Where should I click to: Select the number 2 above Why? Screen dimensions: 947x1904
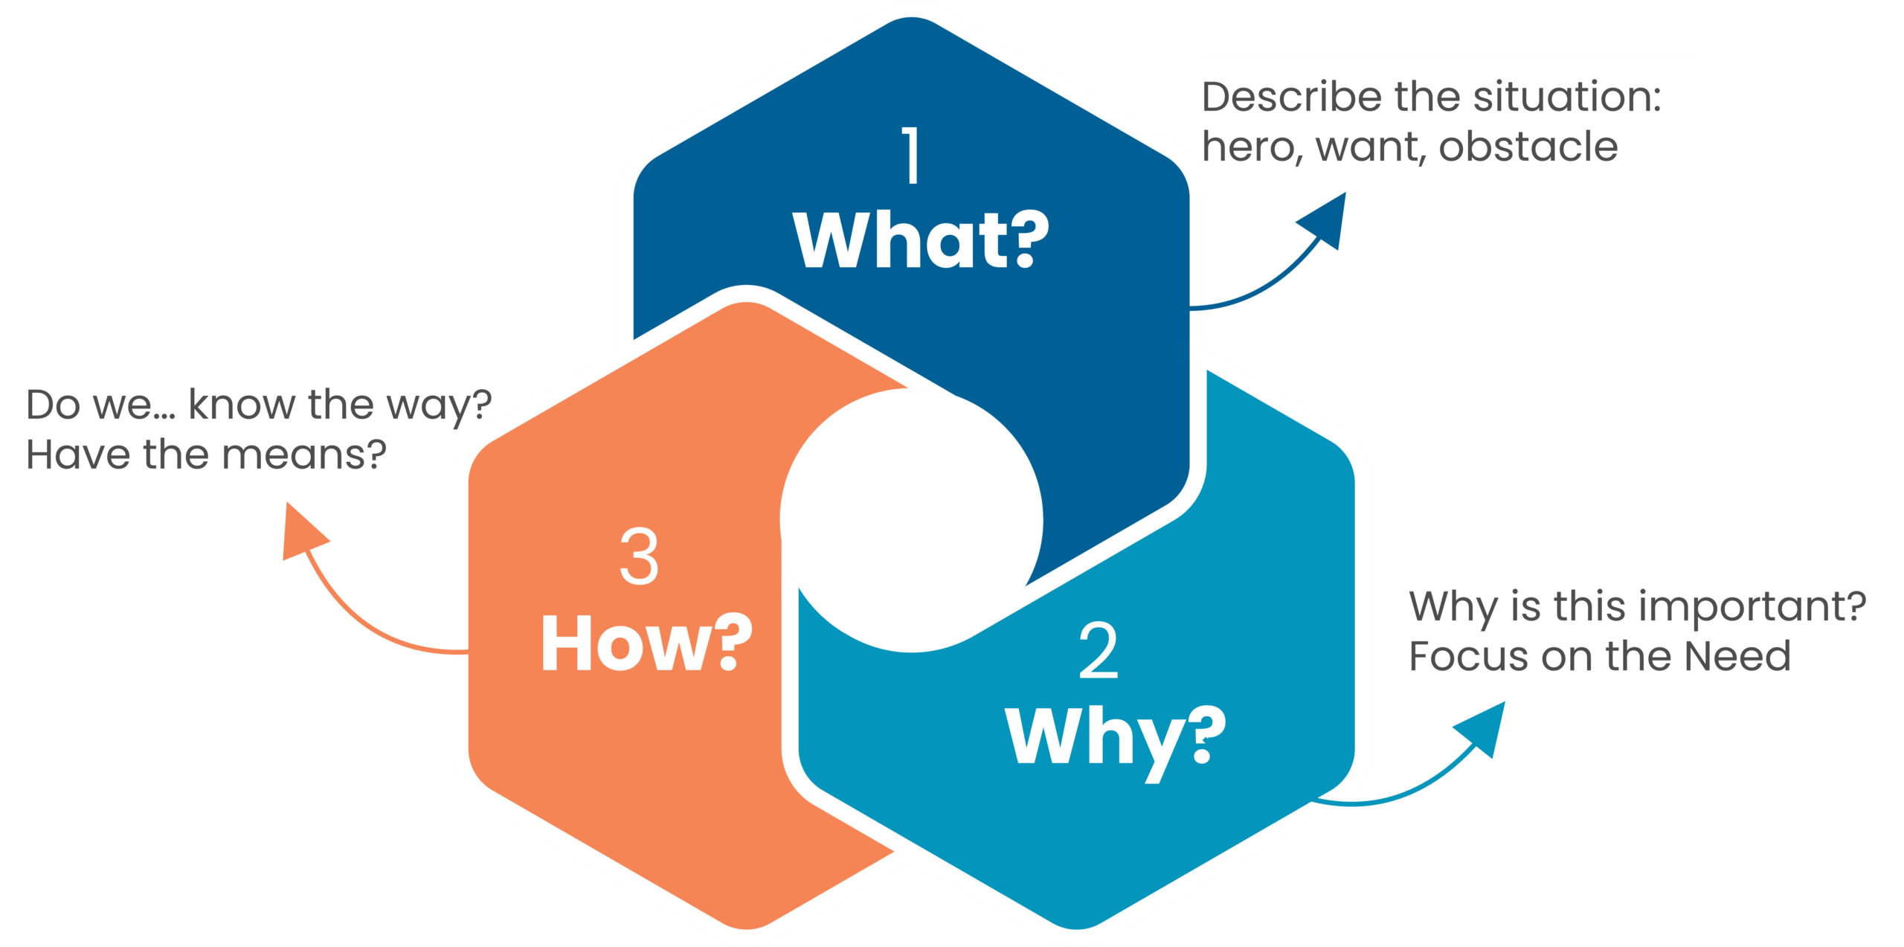tap(1098, 652)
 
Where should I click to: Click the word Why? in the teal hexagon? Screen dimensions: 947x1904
tap(1116, 736)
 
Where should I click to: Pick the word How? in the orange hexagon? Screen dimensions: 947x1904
tap(646, 643)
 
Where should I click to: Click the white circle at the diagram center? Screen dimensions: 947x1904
tap(911, 521)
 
